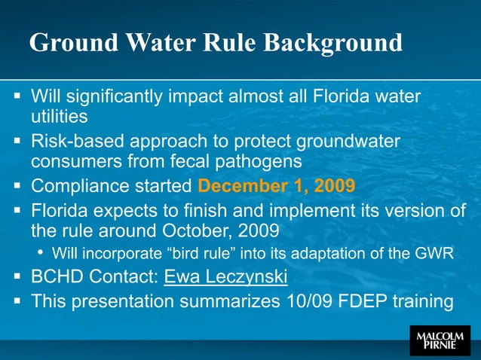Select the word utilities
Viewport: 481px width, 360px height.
click(59, 117)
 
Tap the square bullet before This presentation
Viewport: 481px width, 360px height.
click(17, 301)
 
